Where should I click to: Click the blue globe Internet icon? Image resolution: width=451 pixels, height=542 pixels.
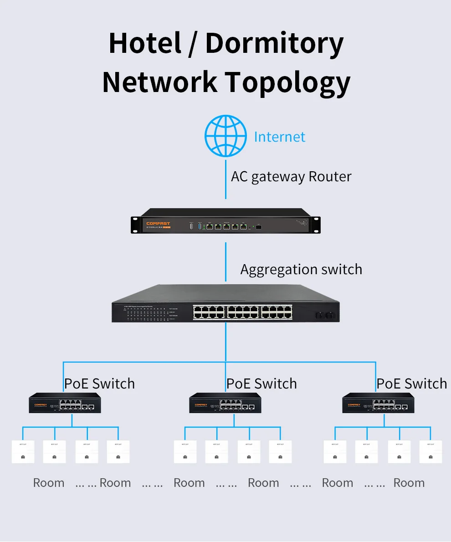pos(225,136)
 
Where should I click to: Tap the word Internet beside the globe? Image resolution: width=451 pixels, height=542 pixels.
pos(279,137)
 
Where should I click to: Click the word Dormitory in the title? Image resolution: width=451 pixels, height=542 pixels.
pos(274,44)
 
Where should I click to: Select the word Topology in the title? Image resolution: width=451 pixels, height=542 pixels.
pos(288,82)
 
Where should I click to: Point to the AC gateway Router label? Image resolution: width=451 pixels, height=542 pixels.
pos(291,176)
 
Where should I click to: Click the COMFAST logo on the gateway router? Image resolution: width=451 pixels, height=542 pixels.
pos(158,224)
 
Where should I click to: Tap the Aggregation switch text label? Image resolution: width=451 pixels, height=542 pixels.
pos(301,269)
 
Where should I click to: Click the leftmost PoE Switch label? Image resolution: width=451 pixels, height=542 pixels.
pos(99,383)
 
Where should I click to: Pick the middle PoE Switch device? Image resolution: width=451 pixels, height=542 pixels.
pos(225,403)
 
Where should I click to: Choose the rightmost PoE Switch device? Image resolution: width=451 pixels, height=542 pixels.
pos(378,403)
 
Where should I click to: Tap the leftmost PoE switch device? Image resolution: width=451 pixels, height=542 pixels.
pos(65,403)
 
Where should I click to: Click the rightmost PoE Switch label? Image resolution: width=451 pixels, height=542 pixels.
pos(411,383)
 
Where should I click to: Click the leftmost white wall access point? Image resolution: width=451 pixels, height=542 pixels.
pos(23,452)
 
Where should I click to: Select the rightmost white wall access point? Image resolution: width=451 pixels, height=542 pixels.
pos(431,452)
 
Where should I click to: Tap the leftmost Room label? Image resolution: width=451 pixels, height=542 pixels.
pos(49,483)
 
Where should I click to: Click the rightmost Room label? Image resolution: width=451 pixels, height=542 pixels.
pos(409,483)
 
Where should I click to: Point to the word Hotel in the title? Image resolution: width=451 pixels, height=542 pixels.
pos(145,44)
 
